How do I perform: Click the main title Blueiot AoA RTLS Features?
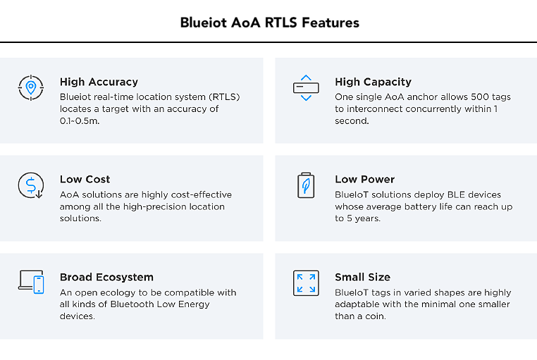pos(269,23)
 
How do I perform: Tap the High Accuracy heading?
pos(99,82)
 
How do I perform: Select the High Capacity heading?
pos(373,82)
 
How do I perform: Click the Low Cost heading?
pos(85,180)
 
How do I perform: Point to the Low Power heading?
pos(365,180)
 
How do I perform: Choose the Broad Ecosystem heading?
pos(106,277)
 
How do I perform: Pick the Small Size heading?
pos(362,277)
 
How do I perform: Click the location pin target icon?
pos(31,87)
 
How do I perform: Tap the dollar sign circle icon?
pos(31,185)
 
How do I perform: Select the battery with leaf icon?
pos(306,185)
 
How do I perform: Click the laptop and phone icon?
pos(31,282)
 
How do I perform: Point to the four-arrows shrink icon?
pos(306,283)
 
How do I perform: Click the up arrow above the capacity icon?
pos(306,77)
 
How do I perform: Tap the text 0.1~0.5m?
pos(80,120)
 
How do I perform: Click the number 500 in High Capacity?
pos(479,97)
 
